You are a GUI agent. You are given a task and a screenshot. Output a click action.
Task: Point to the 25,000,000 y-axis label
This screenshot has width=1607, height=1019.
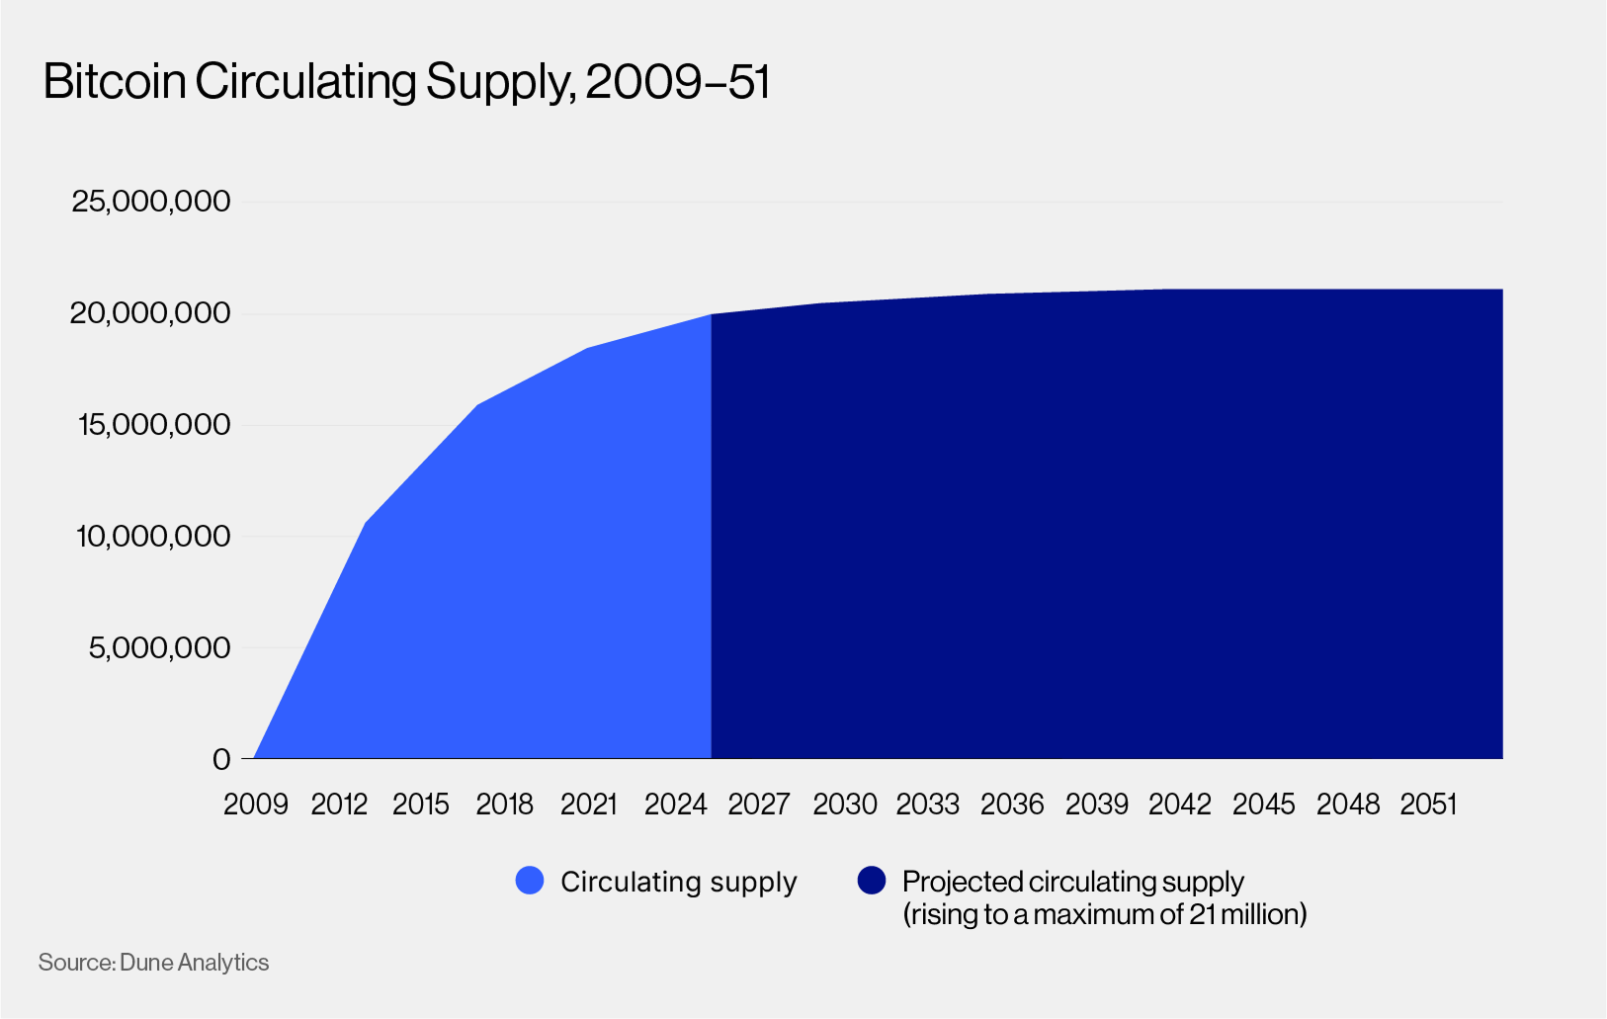pyautogui.click(x=150, y=202)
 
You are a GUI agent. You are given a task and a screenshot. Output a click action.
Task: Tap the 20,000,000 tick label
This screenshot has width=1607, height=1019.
pyautogui.click(x=150, y=313)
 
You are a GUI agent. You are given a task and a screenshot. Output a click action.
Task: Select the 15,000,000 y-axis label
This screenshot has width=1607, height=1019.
pyautogui.click(x=152, y=425)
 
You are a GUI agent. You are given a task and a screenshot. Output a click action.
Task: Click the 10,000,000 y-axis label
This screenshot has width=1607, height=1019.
pyautogui.click(x=152, y=537)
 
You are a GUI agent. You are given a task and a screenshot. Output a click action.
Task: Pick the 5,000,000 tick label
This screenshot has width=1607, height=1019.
pyautogui.click(x=158, y=648)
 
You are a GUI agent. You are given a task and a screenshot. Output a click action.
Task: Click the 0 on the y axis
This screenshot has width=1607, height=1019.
pyautogui.click(x=221, y=759)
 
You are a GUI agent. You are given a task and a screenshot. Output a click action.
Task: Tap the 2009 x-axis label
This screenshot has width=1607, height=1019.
pyautogui.click(x=256, y=805)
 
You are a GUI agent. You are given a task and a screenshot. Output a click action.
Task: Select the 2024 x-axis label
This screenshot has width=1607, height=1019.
pyautogui.click(x=675, y=805)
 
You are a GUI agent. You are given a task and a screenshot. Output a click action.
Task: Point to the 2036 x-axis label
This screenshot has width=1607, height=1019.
pyautogui.click(x=1012, y=805)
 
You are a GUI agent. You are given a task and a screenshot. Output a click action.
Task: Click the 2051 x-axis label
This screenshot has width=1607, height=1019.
pyautogui.click(x=1429, y=805)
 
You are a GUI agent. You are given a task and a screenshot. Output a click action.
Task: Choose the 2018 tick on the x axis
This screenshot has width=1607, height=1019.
pyautogui.click(x=504, y=805)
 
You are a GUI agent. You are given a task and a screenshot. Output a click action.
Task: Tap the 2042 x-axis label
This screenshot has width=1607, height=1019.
pyautogui.click(x=1179, y=805)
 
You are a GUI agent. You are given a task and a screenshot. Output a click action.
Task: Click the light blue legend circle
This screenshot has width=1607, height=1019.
pyautogui.click(x=530, y=881)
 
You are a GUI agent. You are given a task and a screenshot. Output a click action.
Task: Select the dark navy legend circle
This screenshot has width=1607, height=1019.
pyautogui.click(x=872, y=881)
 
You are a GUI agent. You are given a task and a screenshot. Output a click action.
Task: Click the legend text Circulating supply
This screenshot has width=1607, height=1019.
pyautogui.click(x=678, y=882)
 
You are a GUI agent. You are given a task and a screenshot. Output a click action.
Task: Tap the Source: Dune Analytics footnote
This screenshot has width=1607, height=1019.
pyautogui.click(x=153, y=963)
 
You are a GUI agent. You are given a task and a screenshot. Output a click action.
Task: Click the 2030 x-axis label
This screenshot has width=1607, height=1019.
pyautogui.click(x=844, y=805)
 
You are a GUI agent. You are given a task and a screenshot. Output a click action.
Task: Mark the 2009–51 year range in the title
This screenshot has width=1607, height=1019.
pyautogui.click(x=677, y=82)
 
